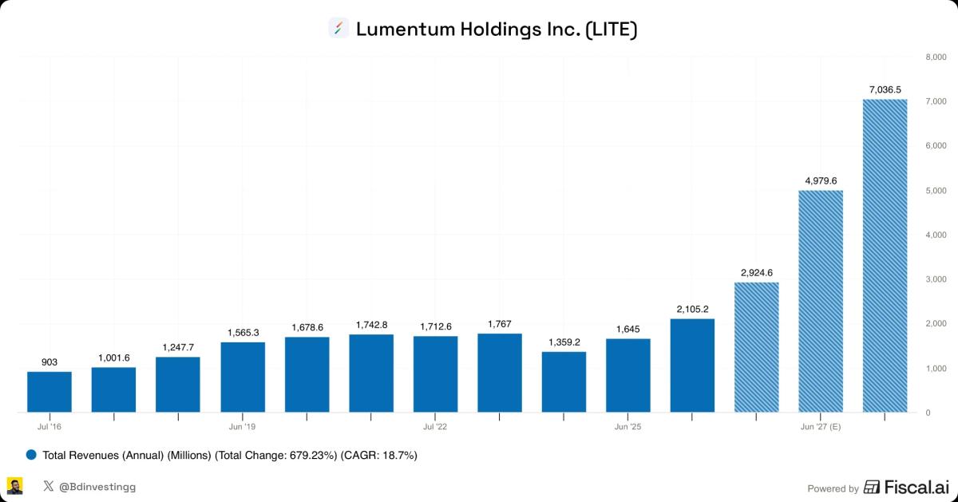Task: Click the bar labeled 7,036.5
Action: coord(885,255)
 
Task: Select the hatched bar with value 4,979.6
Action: coord(821,301)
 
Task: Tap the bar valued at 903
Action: coord(49,391)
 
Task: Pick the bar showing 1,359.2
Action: coord(564,381)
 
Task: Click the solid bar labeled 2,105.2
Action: coord(692,365)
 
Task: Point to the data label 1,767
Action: coord(500,323)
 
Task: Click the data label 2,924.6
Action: coord(756,272)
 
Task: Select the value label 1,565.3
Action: coord(243,332)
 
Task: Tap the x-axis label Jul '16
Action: coord(49,427)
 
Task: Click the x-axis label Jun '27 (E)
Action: coord(821,427)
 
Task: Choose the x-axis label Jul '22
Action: coord(435,427)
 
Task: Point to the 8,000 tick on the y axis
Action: coord(935,57)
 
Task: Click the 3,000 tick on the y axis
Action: coord(935,279)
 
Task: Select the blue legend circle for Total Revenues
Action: coord(32,455)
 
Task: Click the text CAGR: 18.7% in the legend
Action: coord(378,455)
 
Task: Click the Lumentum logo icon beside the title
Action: coord(338,29)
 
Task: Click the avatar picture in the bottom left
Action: coord(15,486)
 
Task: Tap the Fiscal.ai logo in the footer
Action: coord(905,487)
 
